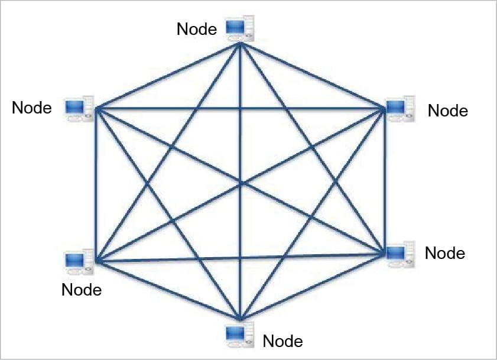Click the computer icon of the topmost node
(241, 29)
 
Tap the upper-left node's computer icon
(79, 108)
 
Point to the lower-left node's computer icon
(78, 261)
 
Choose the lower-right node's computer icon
(399, 252)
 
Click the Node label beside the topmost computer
(197, 28)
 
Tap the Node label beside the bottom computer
(282, 341)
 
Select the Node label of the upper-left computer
(32, 108)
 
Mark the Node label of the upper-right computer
(448, 111)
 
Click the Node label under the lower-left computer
(82, 290)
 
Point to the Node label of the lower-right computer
(445, 253)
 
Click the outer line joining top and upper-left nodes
(167, 76)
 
